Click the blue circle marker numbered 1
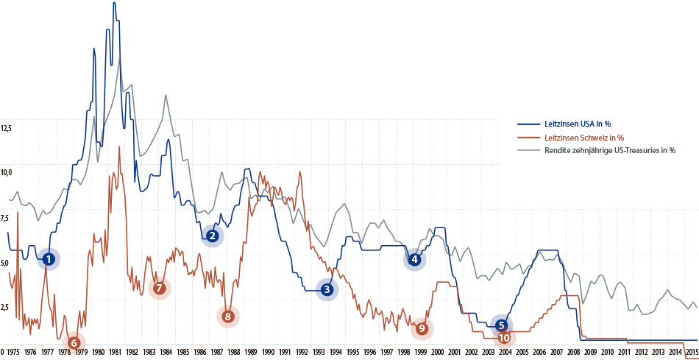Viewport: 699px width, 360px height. coord(48,259)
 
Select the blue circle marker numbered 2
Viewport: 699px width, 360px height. coord(212,236)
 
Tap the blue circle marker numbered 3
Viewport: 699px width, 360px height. coord(327,290)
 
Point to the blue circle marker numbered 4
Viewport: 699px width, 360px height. coord(415,259)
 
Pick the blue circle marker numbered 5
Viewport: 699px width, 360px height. coord(501,325)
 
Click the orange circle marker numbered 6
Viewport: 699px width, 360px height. coord(74,342)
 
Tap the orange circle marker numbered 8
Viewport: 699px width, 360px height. coord(228,317)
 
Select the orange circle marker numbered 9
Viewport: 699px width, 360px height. coord(422,328)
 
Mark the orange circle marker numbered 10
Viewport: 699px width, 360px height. coord(504,338)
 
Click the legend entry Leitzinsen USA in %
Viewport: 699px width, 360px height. coord(577,124)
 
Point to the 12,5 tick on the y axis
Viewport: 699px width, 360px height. coord(6,128)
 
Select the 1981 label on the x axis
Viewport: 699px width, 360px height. coord(116,353)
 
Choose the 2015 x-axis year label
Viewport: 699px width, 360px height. coord(692,353)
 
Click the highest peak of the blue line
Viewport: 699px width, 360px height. coord(114,4)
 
